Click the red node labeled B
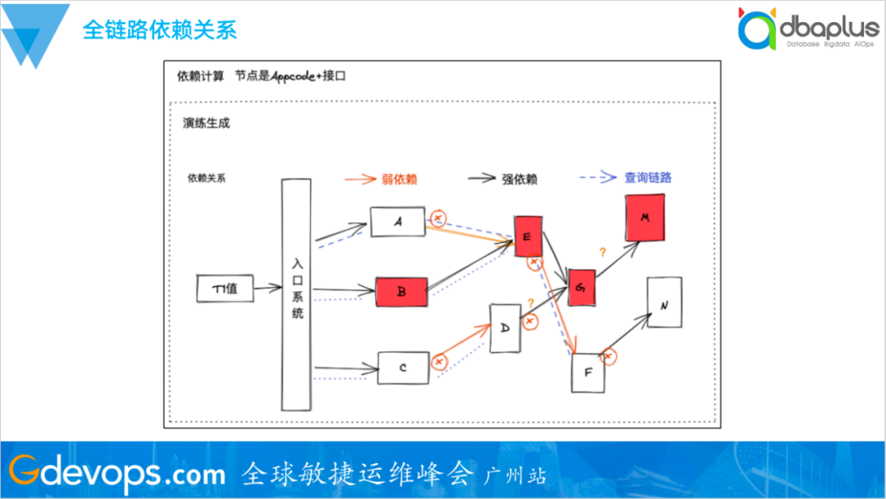pyautogui.click(x=402, y=291)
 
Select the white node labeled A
pyautogui.click(x=397, y=222)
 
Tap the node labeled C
pyautogui.click(x=403, y=368)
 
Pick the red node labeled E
pyautogui.click(x=527, y=236)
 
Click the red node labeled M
pyautogui.click(x=645, y=218)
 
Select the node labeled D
pyautogui.click(x=505, y=327)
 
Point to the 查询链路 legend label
pyautogui.click(x=654, y=177)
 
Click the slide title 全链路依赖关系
pyautogui.click(x=160, y=31)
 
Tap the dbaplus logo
pyautogui.click(x=808, y=30)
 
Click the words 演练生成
pyautogui.click(x=206, y=123)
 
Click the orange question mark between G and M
pyautogui.click(x=603, y=253)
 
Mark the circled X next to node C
pyautogui.click(x=440, y=361)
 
